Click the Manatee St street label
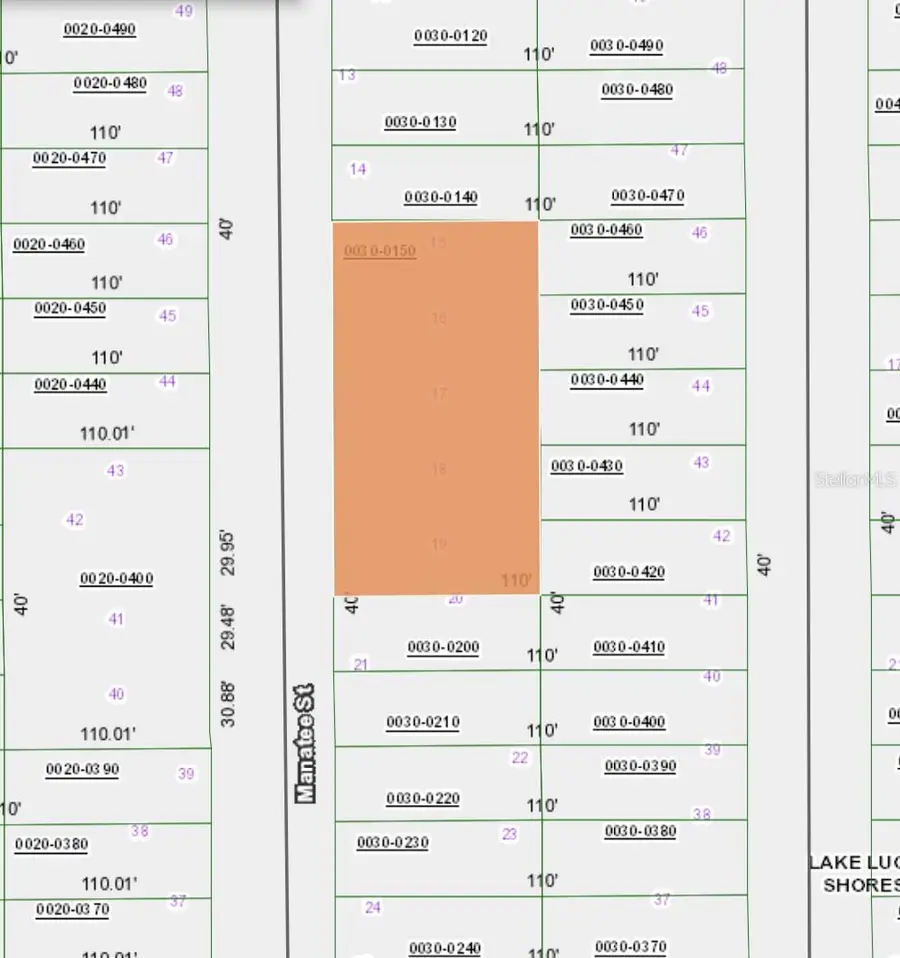coord(305,742)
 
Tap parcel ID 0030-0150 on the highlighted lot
coord(379,251)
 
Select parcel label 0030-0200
coord(443,648)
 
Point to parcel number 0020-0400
coord(116,579)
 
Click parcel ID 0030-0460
coord(606,231)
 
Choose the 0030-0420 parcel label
coord(629,572)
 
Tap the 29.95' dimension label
coord(229,552)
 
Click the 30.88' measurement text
coord(229,703)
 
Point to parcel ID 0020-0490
coord(99,30)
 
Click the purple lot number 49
coord(183,11)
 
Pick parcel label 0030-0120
coord(450,37)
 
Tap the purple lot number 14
coord(358,169)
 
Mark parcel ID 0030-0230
coord(392,843)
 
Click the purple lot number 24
coord(373,908)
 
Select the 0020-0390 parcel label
coord(82,770)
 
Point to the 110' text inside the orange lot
coord(517,580)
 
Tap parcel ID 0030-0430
coord(586,466)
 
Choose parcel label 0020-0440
coord(70,385)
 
